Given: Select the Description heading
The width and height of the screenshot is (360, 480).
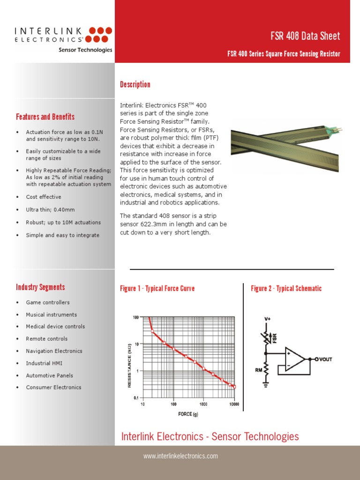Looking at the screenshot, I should click(135, 84).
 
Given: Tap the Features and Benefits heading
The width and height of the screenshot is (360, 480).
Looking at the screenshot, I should click(45, 117).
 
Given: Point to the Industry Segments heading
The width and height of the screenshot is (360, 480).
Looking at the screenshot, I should click(40, 287).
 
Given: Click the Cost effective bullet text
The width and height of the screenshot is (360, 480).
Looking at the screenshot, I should click(44, 197).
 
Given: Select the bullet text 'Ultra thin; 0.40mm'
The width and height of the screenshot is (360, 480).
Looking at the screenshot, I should click(51, 210).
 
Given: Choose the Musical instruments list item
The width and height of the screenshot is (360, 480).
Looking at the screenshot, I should click(51, 315).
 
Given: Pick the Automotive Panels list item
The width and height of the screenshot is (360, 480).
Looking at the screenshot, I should click(49, 375).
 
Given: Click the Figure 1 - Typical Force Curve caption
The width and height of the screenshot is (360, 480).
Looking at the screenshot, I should click(157, 288).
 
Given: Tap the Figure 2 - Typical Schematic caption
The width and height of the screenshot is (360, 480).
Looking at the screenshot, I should click(286, 288).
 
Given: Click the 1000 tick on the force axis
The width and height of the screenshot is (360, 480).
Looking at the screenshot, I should click(203, 404).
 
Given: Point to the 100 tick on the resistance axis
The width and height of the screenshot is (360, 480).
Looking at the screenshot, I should click(136, 317).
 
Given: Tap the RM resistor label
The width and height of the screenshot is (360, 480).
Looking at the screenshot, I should click(258, 370).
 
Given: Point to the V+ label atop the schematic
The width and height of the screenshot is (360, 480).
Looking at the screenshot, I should click(268, 319).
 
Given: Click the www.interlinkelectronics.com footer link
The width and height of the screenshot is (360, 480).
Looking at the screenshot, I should click(180, 456).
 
